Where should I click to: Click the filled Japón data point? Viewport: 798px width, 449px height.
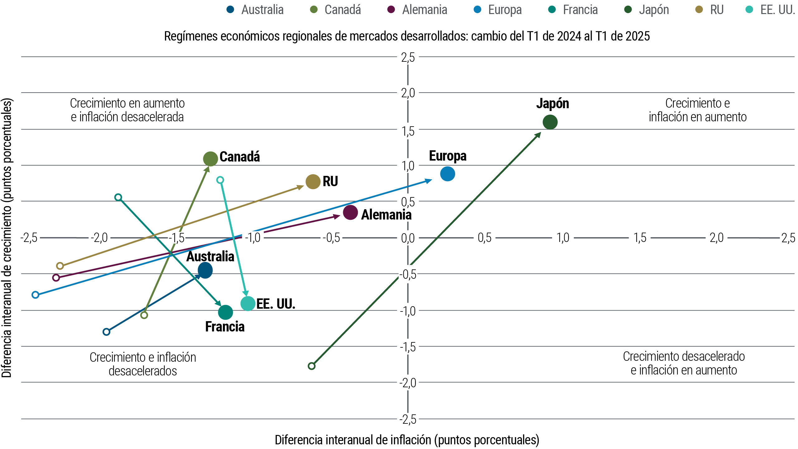(550, 122)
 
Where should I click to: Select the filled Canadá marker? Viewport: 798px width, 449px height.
(210, 159)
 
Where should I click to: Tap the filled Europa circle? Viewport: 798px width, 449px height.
(448, 174)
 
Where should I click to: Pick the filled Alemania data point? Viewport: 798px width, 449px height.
(350, 212)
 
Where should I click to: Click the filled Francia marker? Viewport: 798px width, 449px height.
(225, 312)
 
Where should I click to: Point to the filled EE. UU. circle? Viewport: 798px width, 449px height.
(248, 303)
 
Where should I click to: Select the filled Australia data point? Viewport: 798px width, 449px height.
(205, 270)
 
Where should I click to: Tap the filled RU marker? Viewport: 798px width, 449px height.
(313, 181)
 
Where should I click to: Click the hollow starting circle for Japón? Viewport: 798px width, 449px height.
(311, 366)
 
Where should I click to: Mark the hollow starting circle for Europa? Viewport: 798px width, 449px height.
(36, 295)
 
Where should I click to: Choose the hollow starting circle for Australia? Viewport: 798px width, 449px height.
(106, 332)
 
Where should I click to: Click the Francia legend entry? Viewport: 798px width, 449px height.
(573, 10)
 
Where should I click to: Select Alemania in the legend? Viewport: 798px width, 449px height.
(417, 10)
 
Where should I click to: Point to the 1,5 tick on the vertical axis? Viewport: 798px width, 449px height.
(408, 131)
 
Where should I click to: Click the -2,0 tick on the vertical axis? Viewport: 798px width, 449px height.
(408, 383)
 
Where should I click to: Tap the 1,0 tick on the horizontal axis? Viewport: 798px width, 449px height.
(563, 238)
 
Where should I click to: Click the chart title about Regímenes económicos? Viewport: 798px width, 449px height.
(407, 36)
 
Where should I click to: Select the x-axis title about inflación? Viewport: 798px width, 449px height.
(407, 440)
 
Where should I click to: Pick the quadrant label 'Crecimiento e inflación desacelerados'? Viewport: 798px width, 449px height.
(143, 364)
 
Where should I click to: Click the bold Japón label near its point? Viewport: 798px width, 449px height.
(553, 104)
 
